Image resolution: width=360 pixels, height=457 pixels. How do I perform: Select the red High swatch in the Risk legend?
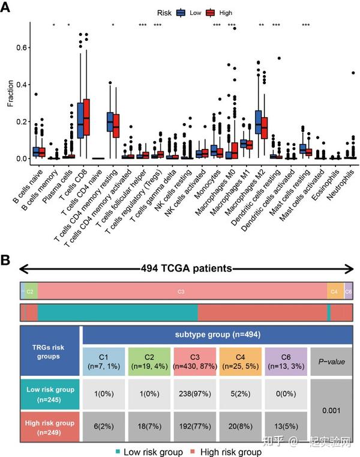click(210, 12)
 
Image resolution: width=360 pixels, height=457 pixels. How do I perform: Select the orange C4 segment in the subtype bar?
click(335, 291)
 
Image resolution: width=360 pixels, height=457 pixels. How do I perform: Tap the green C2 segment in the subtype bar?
click(31, 291)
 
